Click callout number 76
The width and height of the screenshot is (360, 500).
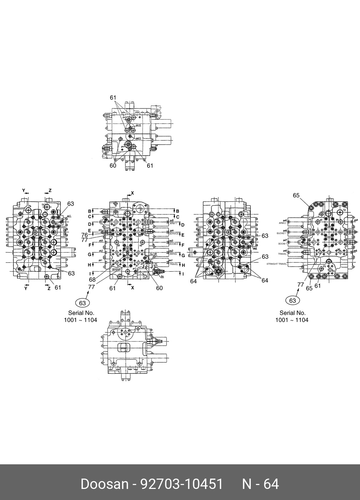click(84, 235)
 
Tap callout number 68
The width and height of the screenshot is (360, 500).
click(92, 280)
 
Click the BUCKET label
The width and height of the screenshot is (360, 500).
click(281, 233)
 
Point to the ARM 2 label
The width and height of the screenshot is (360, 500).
click(282, 223)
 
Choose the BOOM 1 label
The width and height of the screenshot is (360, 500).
click(282, 244)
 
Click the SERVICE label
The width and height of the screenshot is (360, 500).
click(174, 234)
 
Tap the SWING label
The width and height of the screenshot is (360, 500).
click(173, 254)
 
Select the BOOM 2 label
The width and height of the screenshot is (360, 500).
click(174, 244)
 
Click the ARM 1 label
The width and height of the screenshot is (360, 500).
click(173, 223)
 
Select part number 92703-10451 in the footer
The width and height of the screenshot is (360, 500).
click(182, 484)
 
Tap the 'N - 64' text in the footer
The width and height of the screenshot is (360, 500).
click(260, 484)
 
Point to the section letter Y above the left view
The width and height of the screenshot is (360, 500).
click(24, 191)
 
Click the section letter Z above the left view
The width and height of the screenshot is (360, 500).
click(50, 191)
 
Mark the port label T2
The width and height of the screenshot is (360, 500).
click(344, 211)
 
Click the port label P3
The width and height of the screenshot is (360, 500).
click(324, 267)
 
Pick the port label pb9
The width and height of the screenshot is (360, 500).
click(356, 220)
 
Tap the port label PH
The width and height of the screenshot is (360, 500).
click(162, 276)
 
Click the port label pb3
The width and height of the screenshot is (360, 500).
click(101, 241)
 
